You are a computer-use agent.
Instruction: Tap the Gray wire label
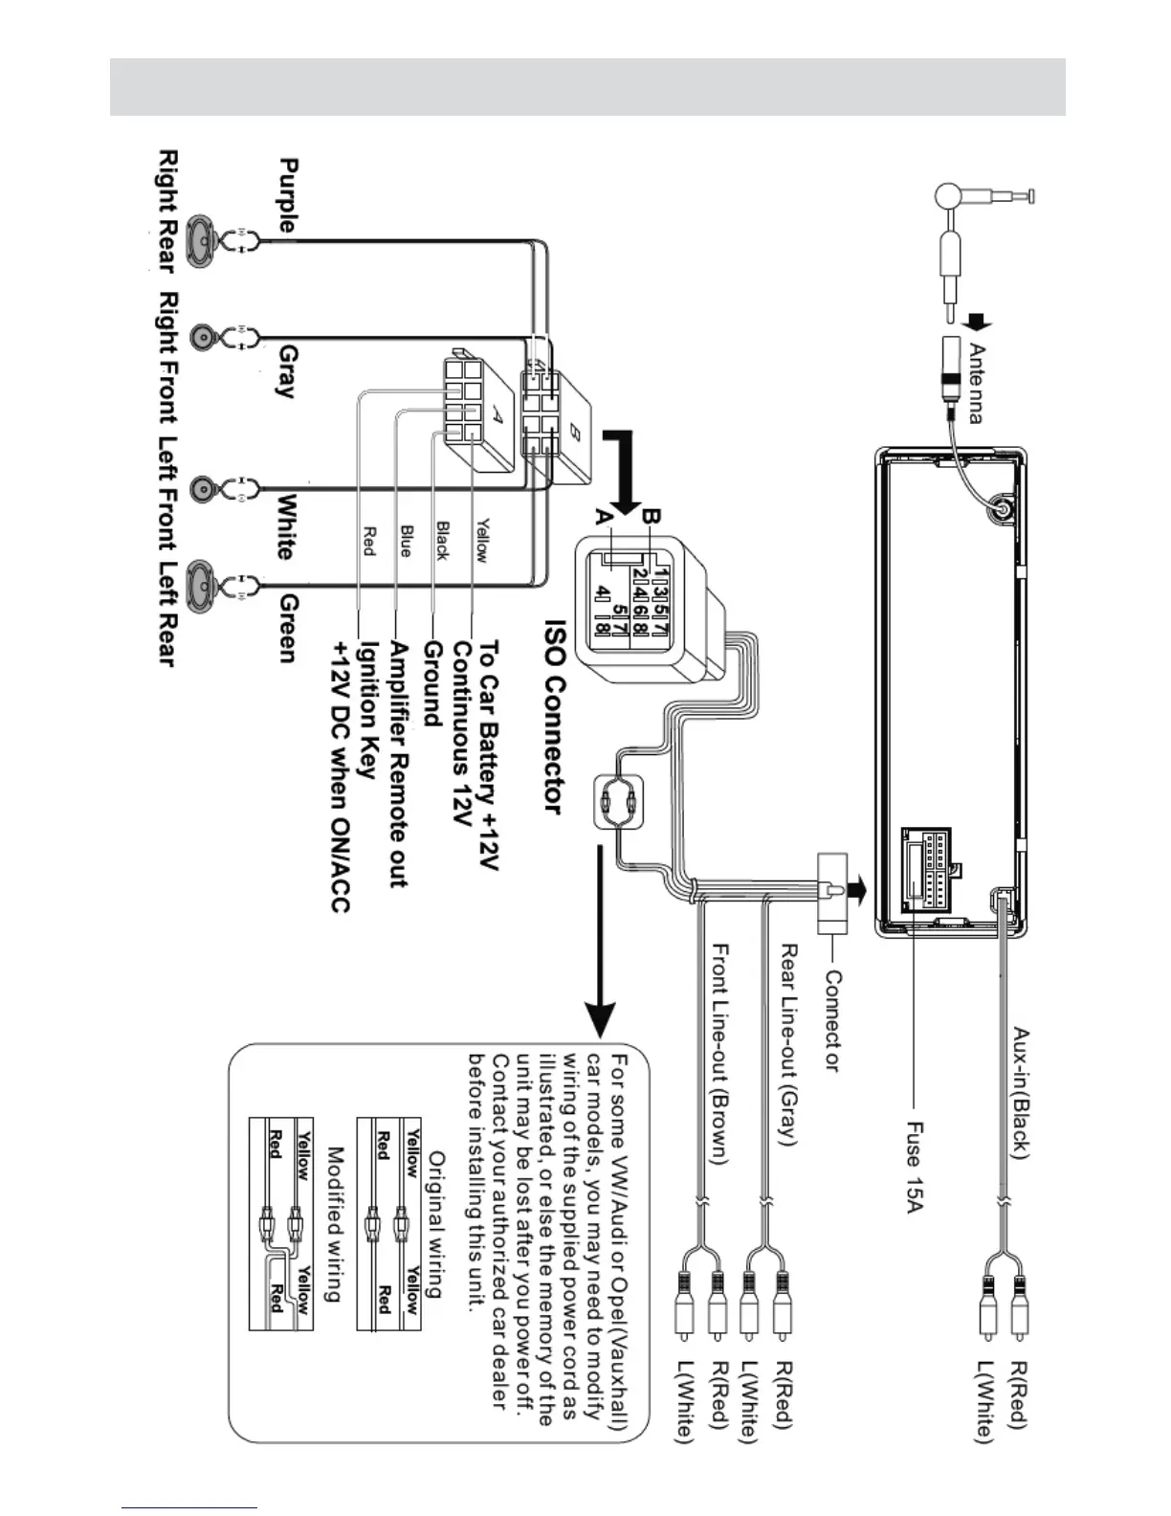(288, 372)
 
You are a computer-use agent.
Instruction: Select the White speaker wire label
(287, 526)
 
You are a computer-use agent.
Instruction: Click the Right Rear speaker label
(167, 210)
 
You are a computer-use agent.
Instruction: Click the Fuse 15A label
(915, 1167)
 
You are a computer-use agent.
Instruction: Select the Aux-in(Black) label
(1021, 1093)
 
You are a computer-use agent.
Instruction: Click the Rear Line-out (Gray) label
(787, 1044)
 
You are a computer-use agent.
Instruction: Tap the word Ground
(433, 683)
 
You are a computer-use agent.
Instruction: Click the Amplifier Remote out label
(398, 764)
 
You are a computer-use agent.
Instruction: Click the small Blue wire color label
(406, 541)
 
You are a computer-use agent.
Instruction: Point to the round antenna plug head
(948, 196)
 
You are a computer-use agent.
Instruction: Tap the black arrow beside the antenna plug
(977, 323)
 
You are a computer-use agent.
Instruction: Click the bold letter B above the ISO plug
(650, 517)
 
